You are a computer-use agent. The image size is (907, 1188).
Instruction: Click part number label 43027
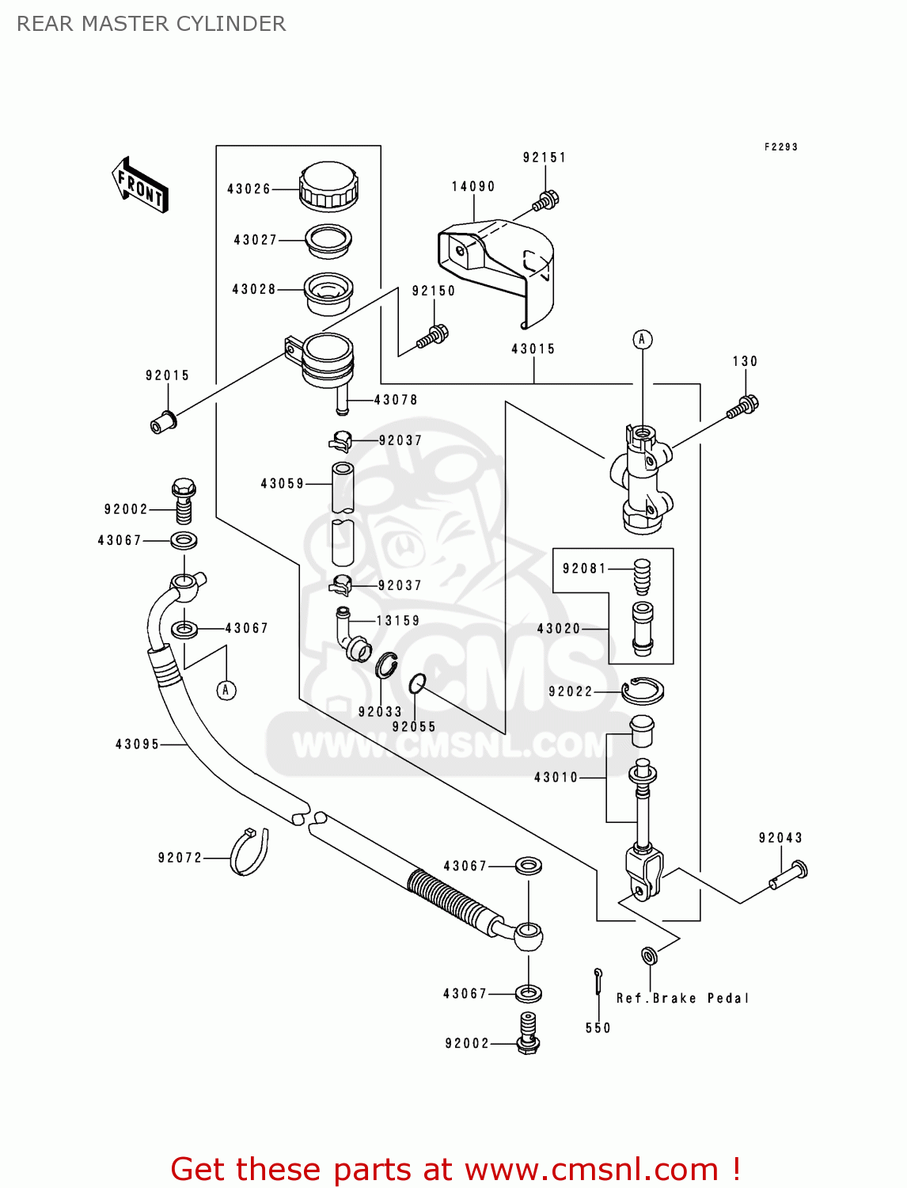[x=255, y=240]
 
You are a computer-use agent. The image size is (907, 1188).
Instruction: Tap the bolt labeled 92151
[x=546, y=200]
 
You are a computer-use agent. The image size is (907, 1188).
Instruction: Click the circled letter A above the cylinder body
[x=642, y=340]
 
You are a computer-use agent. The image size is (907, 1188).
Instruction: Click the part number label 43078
[x=396, y=400]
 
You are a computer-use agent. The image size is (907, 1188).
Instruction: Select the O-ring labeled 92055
[x=417, y=682]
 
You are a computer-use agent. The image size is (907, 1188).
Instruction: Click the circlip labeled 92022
[x=642, y=691]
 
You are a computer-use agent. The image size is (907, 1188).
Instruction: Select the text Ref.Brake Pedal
[x=682, y=998]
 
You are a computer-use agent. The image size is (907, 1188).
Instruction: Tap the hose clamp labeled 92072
[x=249, y=852]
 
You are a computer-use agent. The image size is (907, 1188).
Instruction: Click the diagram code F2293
[x=780, y=147]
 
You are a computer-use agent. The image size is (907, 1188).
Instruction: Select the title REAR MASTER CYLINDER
[x=151, y=24]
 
